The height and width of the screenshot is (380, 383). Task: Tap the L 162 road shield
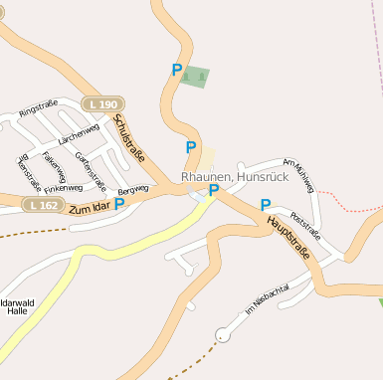tap(43, 204)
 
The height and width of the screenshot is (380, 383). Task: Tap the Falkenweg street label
tap(55, 163)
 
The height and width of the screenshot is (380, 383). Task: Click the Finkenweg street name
tap(63, 188)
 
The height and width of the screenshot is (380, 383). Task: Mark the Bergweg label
tap(132, 188)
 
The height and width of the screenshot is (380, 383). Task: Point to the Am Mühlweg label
tap(297, 175)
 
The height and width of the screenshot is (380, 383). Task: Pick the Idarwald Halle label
tap(16, 306)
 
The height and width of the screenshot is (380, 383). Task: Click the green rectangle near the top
tap(196, 77)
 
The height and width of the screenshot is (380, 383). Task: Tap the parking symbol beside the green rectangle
tap(177, 71)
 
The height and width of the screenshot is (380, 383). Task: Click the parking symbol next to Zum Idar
tap(119, 204)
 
